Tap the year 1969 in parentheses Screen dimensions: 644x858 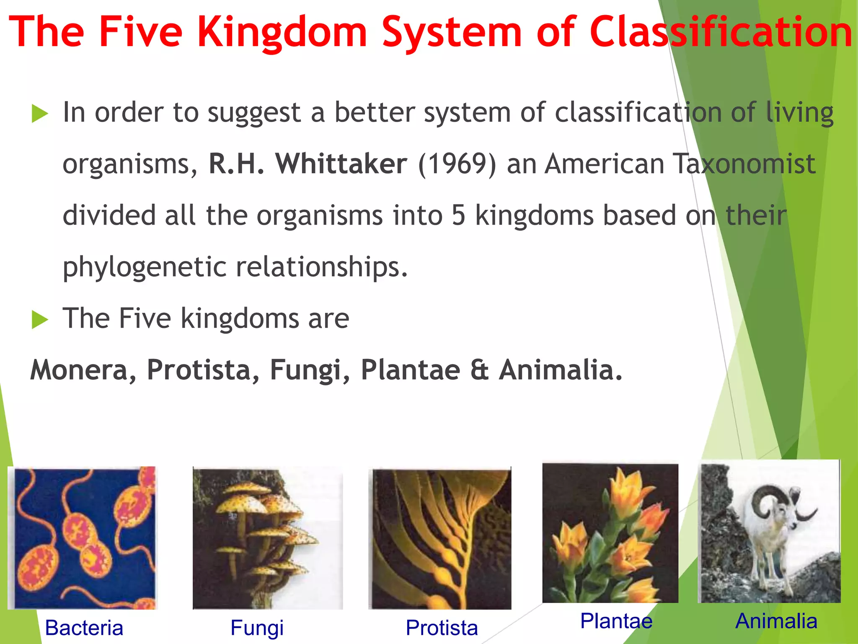tap(457, 164)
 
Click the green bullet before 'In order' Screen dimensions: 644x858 tap(40, 114)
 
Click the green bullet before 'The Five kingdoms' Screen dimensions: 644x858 tap(40, 320)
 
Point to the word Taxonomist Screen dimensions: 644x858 tap(744, 164)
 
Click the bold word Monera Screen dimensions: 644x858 tap(79, 370)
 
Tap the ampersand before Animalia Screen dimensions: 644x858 tap(479, 370)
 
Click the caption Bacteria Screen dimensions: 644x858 tap(84, 628)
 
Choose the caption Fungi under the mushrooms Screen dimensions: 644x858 tap(257, 628)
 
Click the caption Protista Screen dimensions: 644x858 tap(442, 628)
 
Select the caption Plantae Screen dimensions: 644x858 tap(616, 621)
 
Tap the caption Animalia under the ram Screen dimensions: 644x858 tap(776, 621)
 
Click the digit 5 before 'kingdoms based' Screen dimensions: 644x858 tap(458, 216)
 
